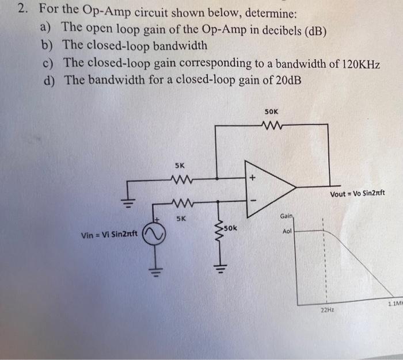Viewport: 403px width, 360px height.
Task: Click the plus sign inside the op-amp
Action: [251, 179]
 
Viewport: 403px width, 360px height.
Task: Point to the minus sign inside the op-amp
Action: [251, 200]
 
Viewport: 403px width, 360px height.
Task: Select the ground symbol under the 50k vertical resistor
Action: [218, 267]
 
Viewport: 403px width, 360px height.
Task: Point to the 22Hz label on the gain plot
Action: [326, 311]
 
